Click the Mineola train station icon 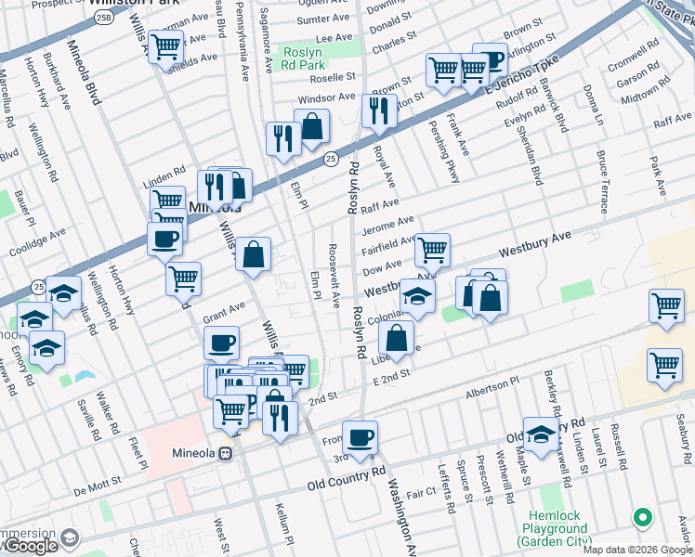pos(224,454)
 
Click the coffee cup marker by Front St pos(360,436)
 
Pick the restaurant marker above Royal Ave pos(379,110)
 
